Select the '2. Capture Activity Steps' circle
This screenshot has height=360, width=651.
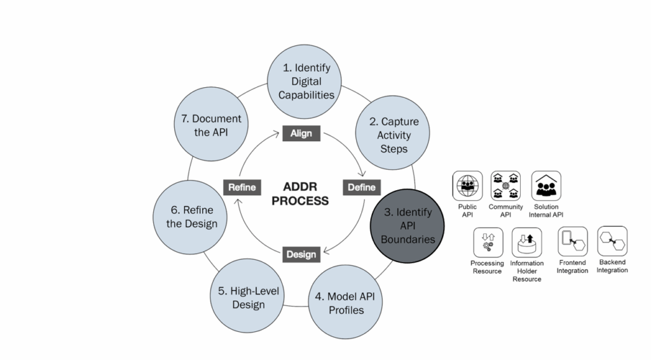[394, 135]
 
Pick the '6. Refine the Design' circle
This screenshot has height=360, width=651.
[191, 217]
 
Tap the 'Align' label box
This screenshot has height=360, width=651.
[301, 134]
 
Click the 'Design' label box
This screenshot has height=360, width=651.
[301, 254]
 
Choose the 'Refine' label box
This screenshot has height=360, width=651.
[242, 187]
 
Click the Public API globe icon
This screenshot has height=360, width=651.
[467, 186]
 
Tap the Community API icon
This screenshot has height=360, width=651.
[505, 186]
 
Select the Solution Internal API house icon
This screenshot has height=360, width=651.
[545, 186]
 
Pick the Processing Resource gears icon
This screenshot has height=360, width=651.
[488, 242]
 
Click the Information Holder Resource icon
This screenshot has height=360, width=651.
[526, 242]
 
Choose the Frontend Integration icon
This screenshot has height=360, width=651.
[572, 241]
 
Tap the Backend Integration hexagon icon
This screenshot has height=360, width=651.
[612, 241]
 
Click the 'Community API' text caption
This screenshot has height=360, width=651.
[505, 211]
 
